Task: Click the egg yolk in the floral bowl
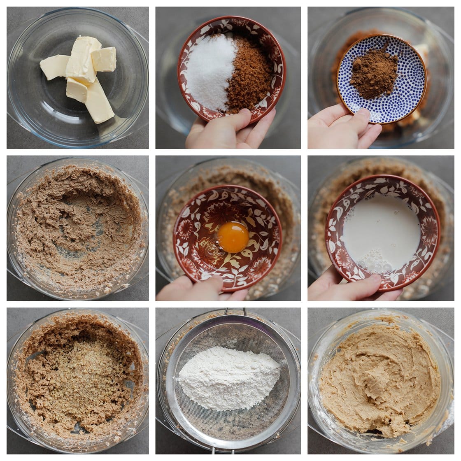click(233, 237)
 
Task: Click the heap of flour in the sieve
click(228, 377)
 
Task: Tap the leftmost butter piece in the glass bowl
click(54, 67)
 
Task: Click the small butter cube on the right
click(104, 59)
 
